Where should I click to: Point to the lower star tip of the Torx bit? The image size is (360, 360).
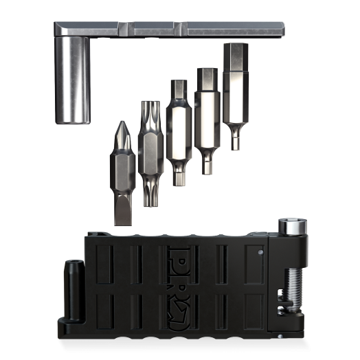click(148, 195)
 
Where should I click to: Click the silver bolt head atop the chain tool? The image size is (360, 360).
click(289, 227)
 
